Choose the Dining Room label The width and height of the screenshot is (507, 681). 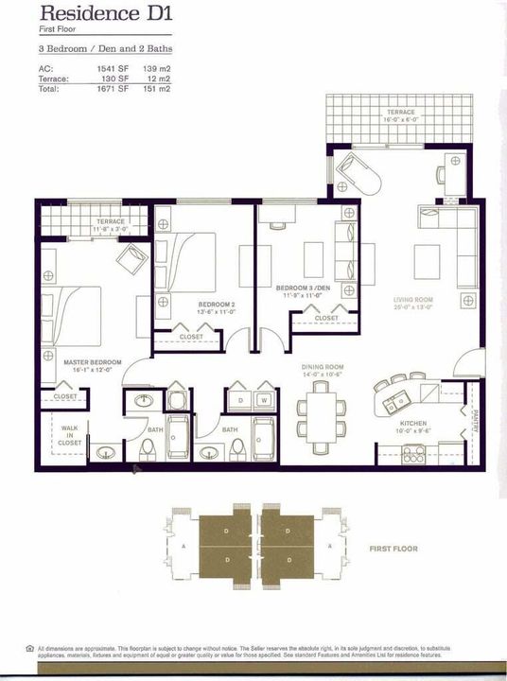(322, 366)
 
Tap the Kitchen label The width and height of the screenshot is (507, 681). (412, 423)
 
